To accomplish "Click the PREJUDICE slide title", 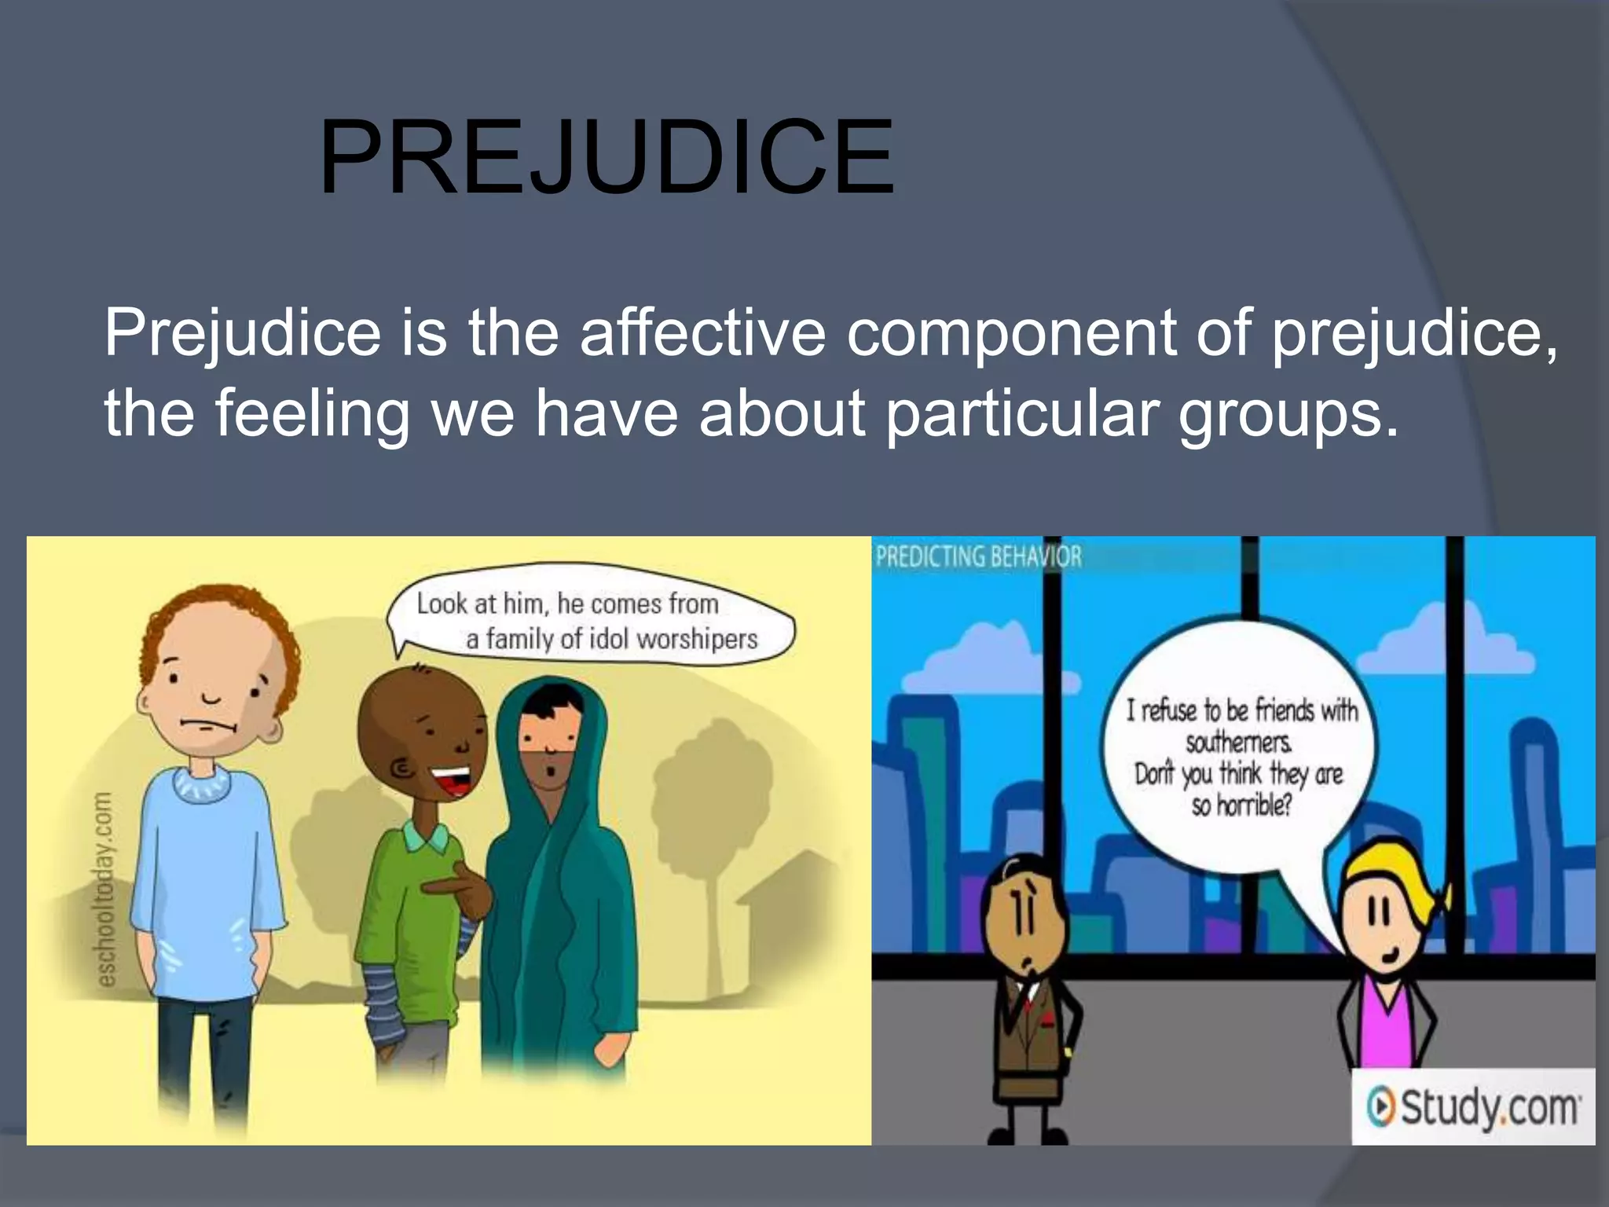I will [606, 157].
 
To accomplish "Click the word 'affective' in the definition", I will [702, 332].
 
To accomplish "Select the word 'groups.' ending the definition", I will [1288, 414].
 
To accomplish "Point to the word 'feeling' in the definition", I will [312, 414].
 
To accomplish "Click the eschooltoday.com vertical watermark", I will [104, 888].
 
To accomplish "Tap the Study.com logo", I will [1473, 1107].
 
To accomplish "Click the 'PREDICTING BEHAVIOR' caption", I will [978, 556].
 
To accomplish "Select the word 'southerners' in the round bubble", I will [1238, 742].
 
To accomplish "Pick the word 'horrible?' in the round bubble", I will [1252, 805].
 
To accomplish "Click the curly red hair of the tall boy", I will [228, 621].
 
